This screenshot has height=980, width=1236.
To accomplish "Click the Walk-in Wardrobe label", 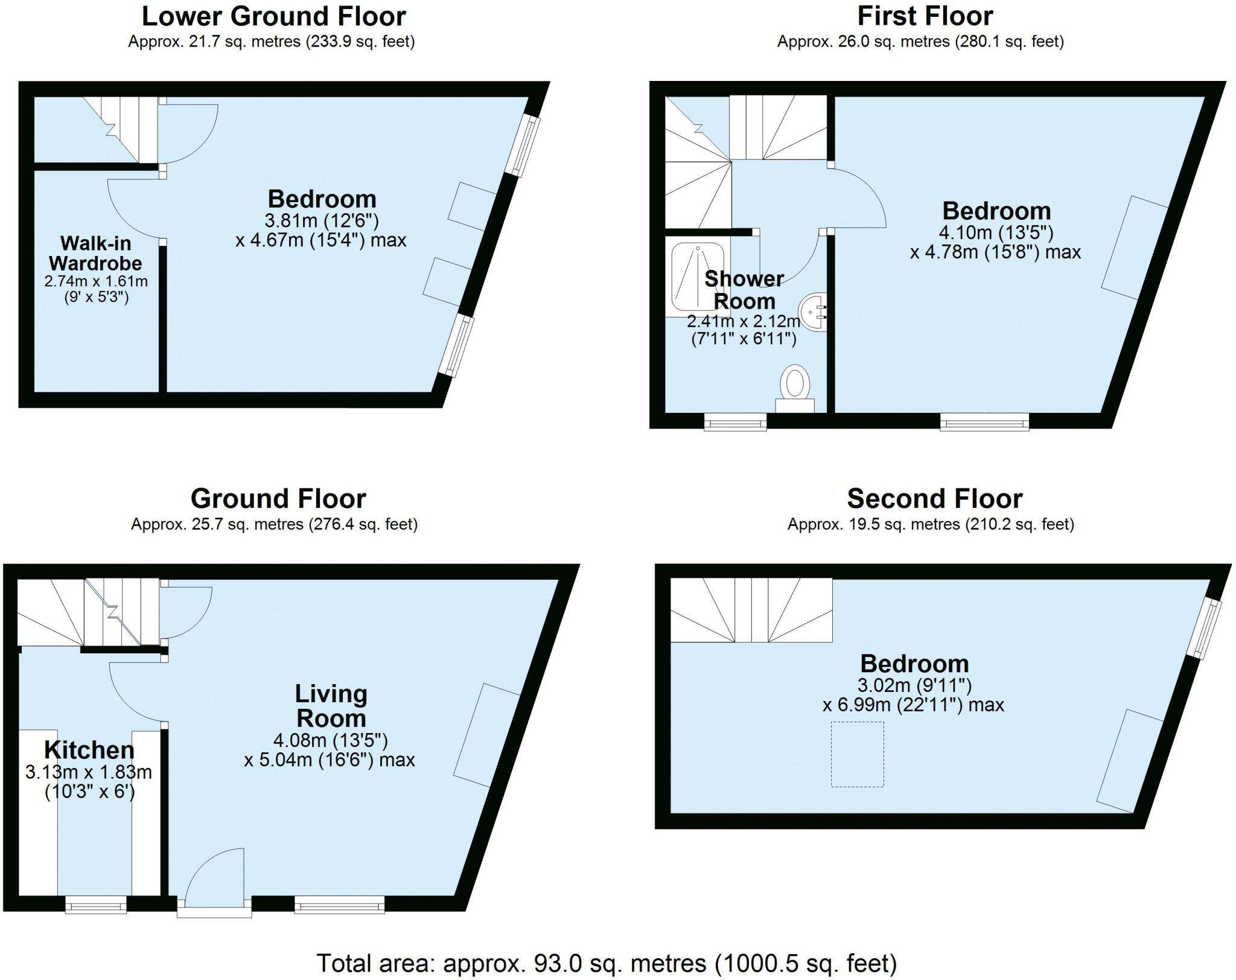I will coord(95,253).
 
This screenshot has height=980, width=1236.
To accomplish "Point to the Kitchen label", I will coord(89,750).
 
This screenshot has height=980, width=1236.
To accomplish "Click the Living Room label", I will coord(331,706).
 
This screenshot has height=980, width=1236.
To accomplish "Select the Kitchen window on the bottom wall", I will coord(96,904).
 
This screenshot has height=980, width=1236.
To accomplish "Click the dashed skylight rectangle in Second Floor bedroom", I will coord(857,754).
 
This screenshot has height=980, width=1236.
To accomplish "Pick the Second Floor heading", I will coord(934,499).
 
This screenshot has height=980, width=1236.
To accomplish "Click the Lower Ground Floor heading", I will coord(273,16).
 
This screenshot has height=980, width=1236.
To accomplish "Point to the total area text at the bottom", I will coord(607,962).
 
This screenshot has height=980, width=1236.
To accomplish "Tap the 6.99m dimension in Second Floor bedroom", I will coord(913,705).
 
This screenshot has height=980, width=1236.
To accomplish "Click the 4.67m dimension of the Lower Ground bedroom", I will coord(320,240).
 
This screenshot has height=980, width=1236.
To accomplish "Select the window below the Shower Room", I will coord(736,422).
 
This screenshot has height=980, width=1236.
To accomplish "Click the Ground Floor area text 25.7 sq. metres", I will coord(274,524).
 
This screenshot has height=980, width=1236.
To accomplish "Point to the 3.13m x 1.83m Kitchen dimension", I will coord(89,772).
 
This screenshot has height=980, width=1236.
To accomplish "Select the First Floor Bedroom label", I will coord(996,211).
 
